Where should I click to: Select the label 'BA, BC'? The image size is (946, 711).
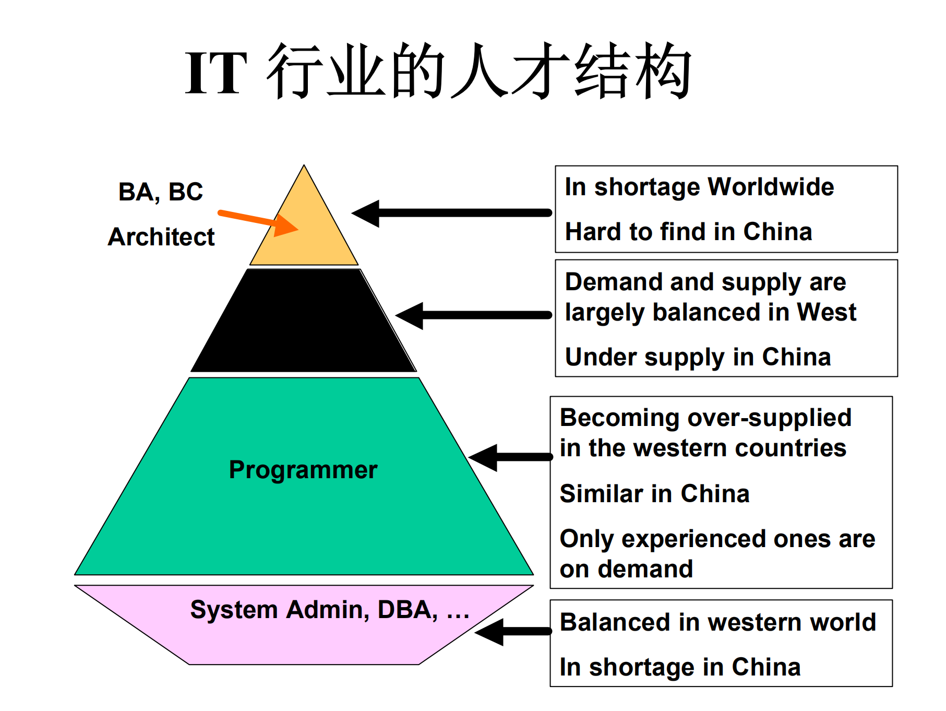point(160,192)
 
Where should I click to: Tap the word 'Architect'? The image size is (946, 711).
point(161,237)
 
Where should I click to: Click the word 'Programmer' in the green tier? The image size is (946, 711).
point(303,470)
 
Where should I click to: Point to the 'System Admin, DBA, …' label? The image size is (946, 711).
point(329,610)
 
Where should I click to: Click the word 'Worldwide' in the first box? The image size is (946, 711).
point(771,187)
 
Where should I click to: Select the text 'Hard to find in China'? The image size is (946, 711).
point(688,232)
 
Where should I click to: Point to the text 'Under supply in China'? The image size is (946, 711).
point(698,358)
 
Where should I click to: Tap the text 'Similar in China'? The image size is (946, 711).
point(654,494)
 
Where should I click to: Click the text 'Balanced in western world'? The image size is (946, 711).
point(717,622)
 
